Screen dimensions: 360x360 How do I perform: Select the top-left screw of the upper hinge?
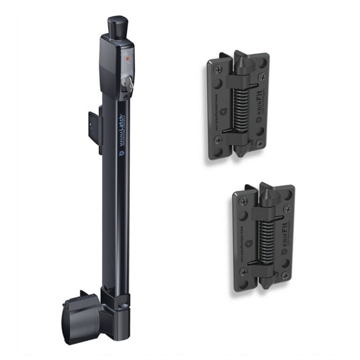click(217, 69)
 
